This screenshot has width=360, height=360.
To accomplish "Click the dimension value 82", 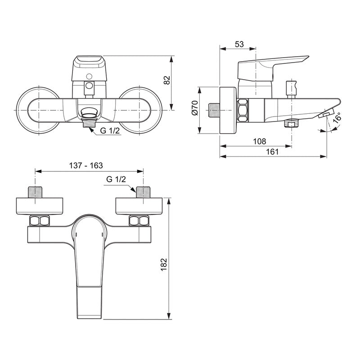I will tap(167, 81).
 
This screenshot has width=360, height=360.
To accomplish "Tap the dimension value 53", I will tap(239, 44).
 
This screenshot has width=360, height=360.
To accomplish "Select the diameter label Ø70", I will tap(194, 108).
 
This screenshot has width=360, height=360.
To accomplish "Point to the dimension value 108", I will tap(260, 141).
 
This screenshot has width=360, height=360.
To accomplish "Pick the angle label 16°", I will tap(337, 118).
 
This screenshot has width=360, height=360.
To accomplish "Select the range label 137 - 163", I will tap(86, 165).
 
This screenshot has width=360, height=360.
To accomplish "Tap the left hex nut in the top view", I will tap(39, 221).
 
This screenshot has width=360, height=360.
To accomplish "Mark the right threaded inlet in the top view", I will tap(144, 191).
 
